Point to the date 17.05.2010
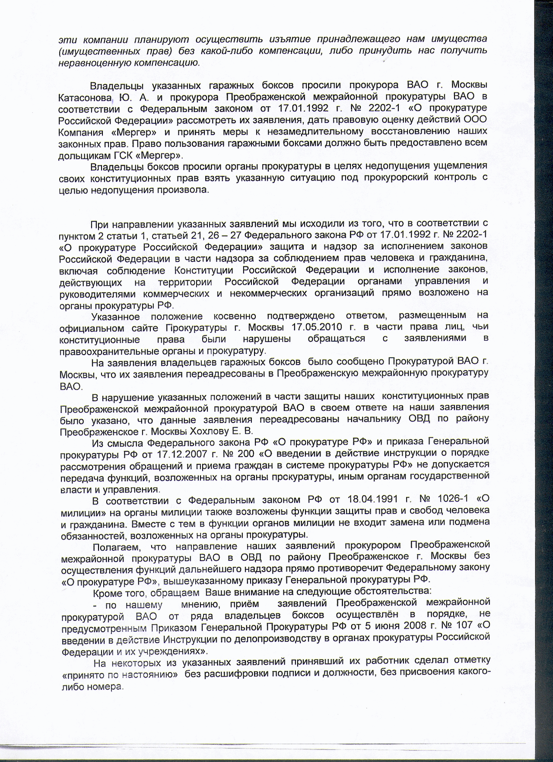pos(318,327)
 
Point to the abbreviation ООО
pos(474,119)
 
